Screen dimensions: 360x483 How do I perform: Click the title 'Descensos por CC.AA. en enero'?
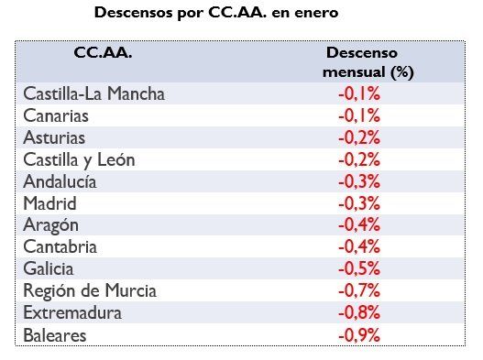pos(223,15)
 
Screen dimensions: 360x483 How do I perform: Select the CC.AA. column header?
pos(102,54)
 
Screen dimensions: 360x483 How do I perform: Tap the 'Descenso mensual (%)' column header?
pos(359,62)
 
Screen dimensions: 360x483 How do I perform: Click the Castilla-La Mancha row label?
pos(93,93)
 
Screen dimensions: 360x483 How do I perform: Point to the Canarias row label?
pos(57,115)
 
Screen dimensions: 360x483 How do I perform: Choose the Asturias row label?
pos(56,137)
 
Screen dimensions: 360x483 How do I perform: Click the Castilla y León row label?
pos(79,159)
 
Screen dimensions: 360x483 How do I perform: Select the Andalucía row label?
pos(60,181)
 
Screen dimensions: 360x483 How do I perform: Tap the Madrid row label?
pos(50,203)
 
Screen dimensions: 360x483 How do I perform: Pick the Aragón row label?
pos(51,225)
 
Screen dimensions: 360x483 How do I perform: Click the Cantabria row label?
pos(60,247)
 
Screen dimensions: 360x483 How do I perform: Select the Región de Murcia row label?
pos(90,291)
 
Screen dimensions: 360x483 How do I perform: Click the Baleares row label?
pos(55,335)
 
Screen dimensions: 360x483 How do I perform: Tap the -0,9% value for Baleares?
pos(359,335)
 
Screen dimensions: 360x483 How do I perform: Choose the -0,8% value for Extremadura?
pos(359,313)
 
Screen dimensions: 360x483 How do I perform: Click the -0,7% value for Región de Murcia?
pos(359,291)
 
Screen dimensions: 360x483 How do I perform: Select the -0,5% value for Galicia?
pos(359,269)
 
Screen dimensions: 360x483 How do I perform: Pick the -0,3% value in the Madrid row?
pos(359,203)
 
